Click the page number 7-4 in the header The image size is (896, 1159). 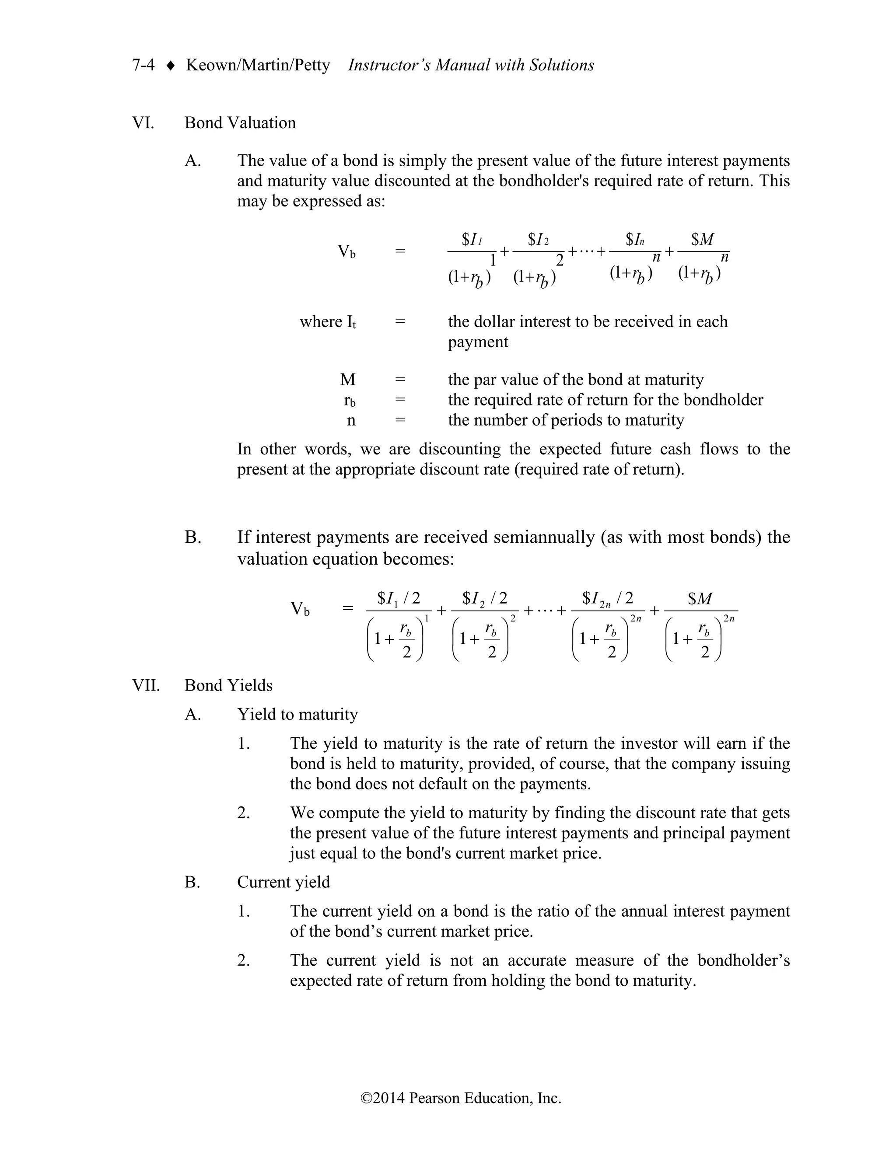[x=143, y=65]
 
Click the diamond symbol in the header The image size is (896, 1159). [x=170, y=66]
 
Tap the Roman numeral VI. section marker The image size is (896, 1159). [x=143, y=123]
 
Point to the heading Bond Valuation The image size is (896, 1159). [x=240, y=123]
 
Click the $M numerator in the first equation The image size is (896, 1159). [x=702, y=240]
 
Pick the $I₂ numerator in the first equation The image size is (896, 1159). [x=538, y=240]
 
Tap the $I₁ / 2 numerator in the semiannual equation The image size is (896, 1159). [x=398, y=599]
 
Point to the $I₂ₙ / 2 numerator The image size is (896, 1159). [x=607, y=599]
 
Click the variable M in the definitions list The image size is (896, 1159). [x=348, y=380]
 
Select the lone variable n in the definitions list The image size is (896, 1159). [x=351, y=420]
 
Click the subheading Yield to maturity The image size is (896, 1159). [x=297, y=714]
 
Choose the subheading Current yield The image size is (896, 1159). [x=283, y=882]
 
